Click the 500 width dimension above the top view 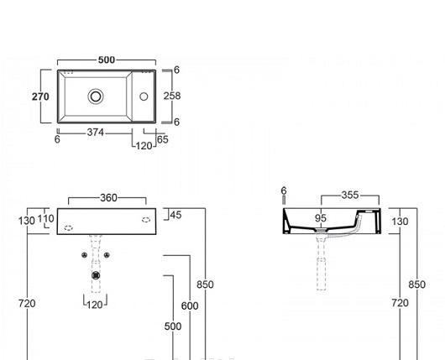point(107,60)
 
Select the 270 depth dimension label point(40,97)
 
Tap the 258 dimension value point(171,96)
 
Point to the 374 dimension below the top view point(97,133)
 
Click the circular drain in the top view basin point(97,97)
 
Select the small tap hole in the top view point(143,97)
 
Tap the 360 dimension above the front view point(108,198)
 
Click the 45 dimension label point(175,215)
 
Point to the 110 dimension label point(48,219)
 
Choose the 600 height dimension point(190,306)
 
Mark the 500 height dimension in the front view point(172,326)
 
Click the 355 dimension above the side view point(349,196)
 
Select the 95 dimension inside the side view point(321,219)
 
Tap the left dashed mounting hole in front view point(70,222)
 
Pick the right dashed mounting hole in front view point(146,220)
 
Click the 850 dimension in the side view point(417,284)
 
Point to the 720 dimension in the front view point(27,303)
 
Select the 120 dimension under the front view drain point(94,305)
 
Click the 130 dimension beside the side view point(400,222)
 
